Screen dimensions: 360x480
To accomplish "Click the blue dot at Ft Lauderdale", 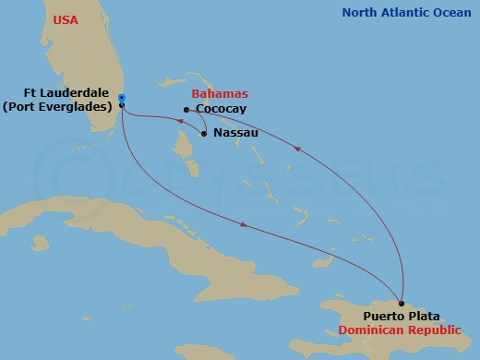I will (122, 98).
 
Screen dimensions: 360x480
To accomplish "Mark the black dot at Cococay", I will (186, 110).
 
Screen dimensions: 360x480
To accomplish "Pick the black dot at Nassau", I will (203, 134).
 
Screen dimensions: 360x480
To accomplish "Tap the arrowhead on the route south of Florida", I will (242, 225).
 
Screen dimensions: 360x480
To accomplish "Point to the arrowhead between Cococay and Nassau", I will (178, 116).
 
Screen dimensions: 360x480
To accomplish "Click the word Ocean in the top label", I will (449, 13).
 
